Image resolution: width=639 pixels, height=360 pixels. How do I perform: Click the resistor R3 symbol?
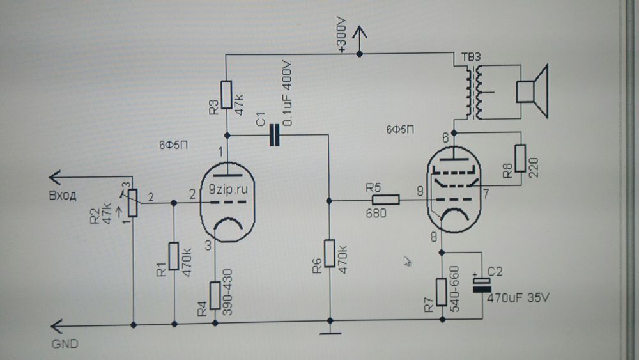tap(226, 95)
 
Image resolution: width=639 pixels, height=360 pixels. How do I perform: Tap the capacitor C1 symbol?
tap(275, 136)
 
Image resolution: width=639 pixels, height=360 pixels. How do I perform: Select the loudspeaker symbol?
tap(532, 91)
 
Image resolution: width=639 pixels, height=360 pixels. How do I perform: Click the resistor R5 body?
tap(385, 200)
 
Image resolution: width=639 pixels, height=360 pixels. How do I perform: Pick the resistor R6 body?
tap(329, 254)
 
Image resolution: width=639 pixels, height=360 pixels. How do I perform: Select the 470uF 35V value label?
tap(518, 298)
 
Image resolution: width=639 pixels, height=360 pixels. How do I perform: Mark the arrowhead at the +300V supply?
tap(360, 31)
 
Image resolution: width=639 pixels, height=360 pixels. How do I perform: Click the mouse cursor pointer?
tap(407, 260)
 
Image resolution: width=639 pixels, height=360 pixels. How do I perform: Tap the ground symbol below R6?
tap(329, 331)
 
